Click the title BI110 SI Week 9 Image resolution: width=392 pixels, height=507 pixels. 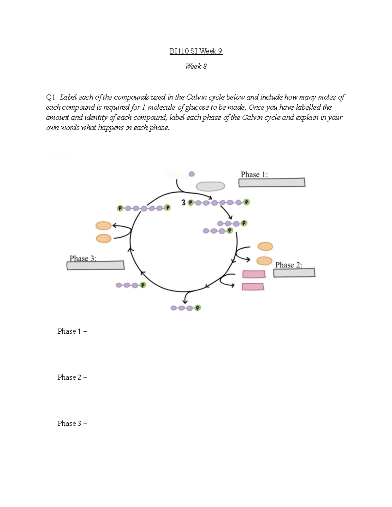click(x=196, y=51)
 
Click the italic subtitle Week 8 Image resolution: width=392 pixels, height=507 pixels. click(x=196, y=66)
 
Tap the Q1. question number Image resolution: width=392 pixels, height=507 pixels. click(x=51, y=97)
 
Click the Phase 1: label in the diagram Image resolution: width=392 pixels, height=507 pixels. click(x=254, y=174)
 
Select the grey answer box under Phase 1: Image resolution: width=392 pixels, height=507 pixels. click(x=272, y=182)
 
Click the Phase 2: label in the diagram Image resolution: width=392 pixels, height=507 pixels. click(x=288, y=265)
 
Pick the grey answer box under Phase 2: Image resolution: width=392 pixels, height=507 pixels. click(x=294, y=273)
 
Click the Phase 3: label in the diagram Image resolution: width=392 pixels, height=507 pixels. click(x=83, y=258)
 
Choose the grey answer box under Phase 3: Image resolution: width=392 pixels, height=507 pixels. click(x=95, y=265)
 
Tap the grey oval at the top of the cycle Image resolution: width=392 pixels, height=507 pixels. click(x=210, y=186)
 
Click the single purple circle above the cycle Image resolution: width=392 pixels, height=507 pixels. click(x=192, y=174)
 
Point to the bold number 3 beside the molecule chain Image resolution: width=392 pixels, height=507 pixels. click(x=184, y=203)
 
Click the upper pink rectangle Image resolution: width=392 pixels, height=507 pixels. click(x=253, y=274)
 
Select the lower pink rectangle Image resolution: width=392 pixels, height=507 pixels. click(x=253, y=287)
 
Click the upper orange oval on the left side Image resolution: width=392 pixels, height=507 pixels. click(x=104, y=226)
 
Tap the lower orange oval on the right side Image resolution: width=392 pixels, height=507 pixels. click(x=264, y=261)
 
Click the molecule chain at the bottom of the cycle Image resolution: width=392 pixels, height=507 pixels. click(x=186, y=308)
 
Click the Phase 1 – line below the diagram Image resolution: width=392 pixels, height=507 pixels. click(x=72, y=331)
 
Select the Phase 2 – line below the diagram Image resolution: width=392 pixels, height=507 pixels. click(x=72, y=377)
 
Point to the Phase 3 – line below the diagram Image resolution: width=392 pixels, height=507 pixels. click(x=72, y=423)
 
